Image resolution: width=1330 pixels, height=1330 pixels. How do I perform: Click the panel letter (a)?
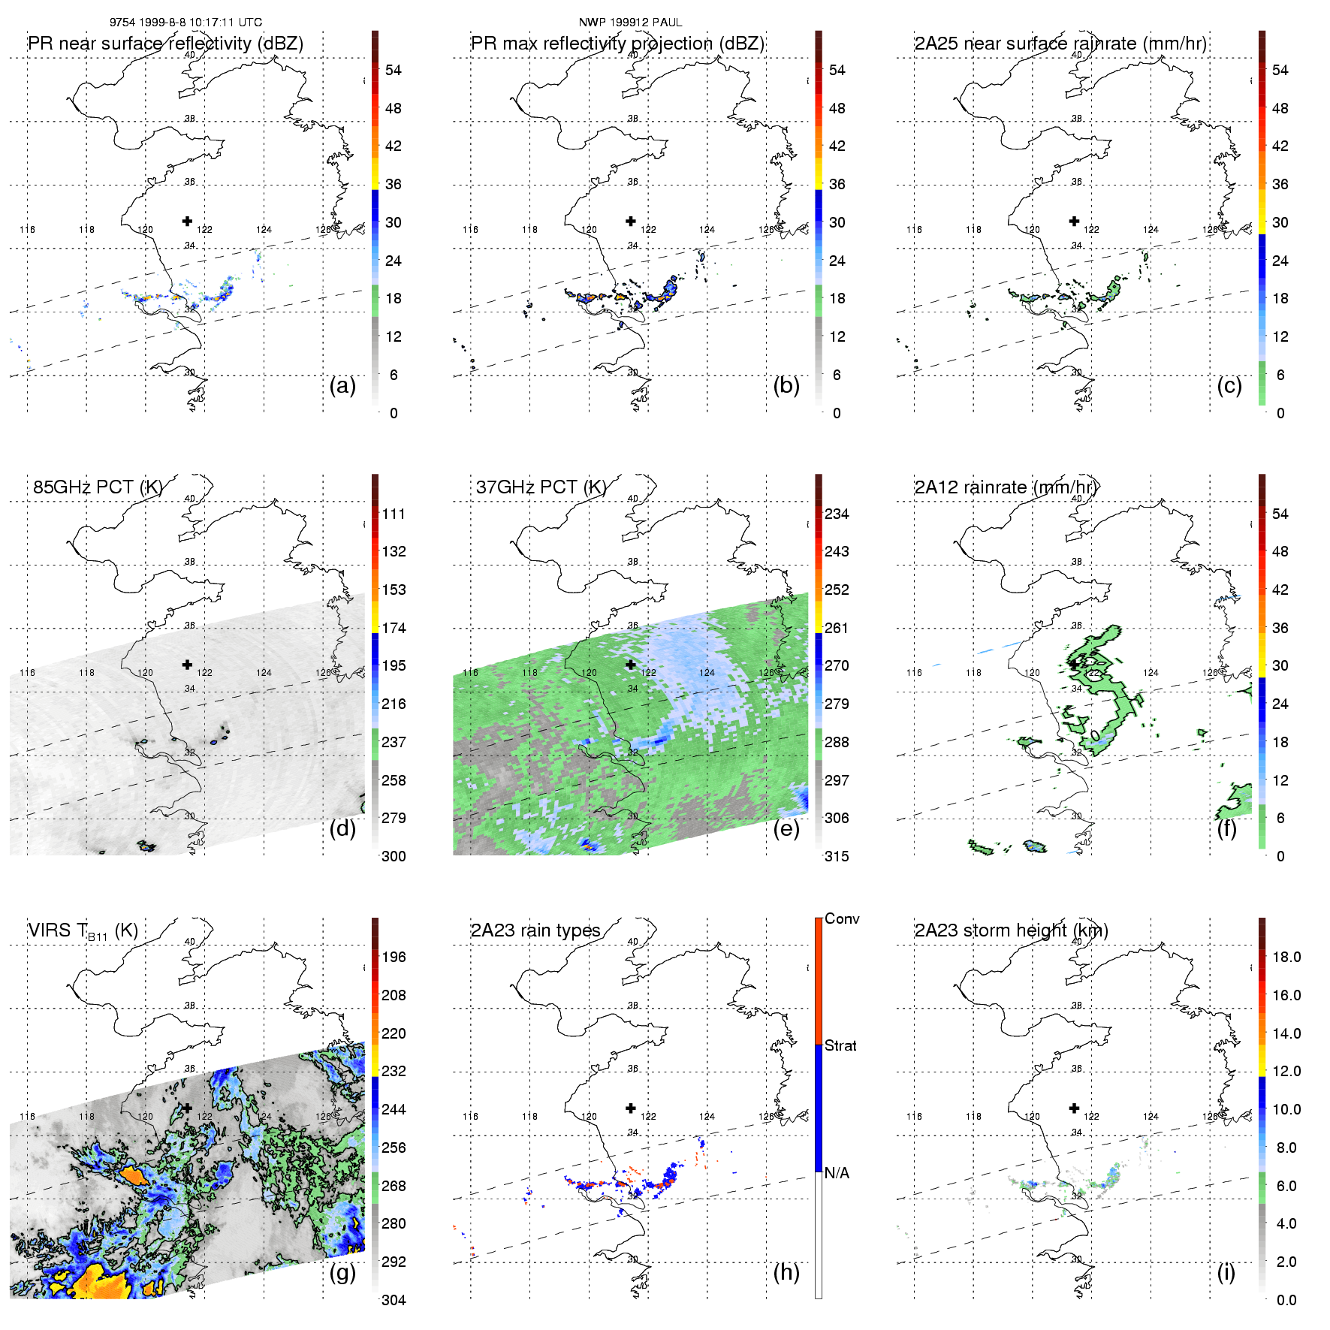(x=342, y=386)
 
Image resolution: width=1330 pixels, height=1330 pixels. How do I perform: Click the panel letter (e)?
(x=786, y=829)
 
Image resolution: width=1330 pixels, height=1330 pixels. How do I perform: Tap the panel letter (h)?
(x=786, y=1272)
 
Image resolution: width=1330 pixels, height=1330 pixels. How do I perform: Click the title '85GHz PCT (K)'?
(x=98, y=487)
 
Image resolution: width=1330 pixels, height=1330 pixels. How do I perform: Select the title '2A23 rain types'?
(x=535, y=930)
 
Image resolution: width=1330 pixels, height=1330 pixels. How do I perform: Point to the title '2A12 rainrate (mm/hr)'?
(x=1006, y=487)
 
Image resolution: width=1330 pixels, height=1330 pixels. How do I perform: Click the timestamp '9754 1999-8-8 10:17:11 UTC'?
(x=185, y=23)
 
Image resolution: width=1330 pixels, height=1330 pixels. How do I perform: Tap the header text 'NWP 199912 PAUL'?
(x=630, y=23)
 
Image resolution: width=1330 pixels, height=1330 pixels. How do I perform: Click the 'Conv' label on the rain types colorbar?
(x=842, y=919)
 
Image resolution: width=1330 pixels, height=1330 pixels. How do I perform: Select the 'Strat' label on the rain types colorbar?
(x=840, y=1046)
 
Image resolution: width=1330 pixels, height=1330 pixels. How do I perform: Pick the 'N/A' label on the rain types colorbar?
(x=837, y=1173)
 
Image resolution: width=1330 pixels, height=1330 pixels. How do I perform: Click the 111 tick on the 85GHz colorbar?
(x=394, y=514)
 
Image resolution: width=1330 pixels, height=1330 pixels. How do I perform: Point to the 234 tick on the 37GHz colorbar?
(x=837, y=514)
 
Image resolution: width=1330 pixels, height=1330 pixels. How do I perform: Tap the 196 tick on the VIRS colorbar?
(x=394, y=958)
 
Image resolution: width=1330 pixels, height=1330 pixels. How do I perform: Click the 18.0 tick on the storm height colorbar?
(x=1286, y=958)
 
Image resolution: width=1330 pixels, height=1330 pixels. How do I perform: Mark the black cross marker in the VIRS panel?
(x=187, y=1108)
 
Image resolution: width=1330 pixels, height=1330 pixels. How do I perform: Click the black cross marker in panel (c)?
(x=1074, y=221)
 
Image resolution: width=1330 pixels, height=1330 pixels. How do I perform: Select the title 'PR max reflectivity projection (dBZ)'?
(x=617, y=44)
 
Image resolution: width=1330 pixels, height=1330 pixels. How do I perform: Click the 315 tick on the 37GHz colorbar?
(x=837, y=857)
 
